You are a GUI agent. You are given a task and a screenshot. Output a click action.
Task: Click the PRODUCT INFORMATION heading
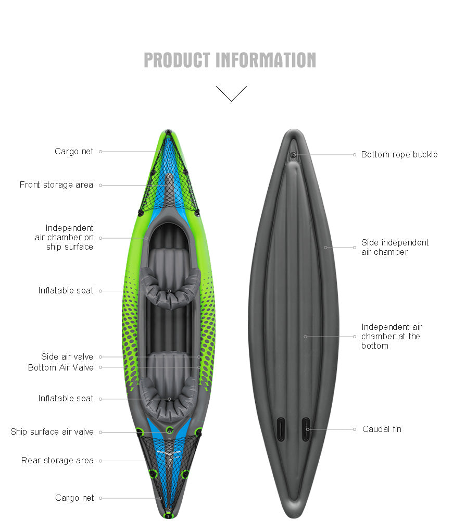(x=230, y=60)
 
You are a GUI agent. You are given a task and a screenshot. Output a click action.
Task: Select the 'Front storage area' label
(x=56, y=185)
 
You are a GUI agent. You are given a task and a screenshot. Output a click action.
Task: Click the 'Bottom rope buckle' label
(x=399, y=154)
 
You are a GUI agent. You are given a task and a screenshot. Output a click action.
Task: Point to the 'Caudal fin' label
(x=382, y=429)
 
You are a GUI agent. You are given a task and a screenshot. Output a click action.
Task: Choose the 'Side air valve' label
(x=67, y=356)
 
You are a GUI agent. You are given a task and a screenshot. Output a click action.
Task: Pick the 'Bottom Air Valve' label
(x=61, y=367)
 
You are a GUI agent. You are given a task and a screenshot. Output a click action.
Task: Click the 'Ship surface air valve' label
(x=52, y=432)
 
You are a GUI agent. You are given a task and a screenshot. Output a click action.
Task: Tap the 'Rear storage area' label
(x=57, y=460)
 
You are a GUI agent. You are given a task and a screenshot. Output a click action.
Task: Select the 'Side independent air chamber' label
(x=395, y=247)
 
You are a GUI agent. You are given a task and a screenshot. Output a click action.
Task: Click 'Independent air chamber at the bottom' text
(x=392, y=336)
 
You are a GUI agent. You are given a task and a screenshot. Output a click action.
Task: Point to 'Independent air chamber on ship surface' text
(x=64, y=237)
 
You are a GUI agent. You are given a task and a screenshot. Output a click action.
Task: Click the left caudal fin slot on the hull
(x=281, y=429)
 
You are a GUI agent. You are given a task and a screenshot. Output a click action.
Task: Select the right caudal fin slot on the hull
(x=306, y=429)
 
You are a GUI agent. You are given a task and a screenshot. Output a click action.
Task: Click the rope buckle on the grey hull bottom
(x=294, y=155)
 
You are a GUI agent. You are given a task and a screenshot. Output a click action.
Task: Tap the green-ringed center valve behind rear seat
(x=170, y=430)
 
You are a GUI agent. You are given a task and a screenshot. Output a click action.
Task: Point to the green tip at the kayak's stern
(x=168, y=516)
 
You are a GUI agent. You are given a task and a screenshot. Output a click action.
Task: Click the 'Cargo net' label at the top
(x=74, y=152)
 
